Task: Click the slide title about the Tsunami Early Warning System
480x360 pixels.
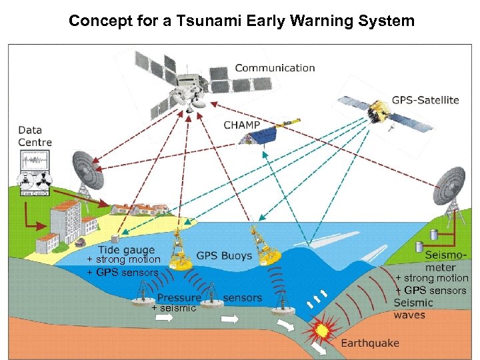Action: point(241,21)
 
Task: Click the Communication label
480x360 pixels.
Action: point(275,67)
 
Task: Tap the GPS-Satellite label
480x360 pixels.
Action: point(425,100)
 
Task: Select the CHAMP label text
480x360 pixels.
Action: point(242,125)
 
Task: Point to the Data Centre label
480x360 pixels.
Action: point(35,136)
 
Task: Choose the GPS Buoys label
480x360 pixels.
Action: point(224,255)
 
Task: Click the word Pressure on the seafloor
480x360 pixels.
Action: point(179,297)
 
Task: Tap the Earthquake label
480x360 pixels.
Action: point(370,343)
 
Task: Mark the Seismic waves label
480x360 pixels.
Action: point(413,309)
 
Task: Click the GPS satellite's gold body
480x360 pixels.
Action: point(379,108)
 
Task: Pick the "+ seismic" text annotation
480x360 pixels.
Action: point(173,308)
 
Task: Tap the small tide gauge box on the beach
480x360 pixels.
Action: point(115,239)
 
